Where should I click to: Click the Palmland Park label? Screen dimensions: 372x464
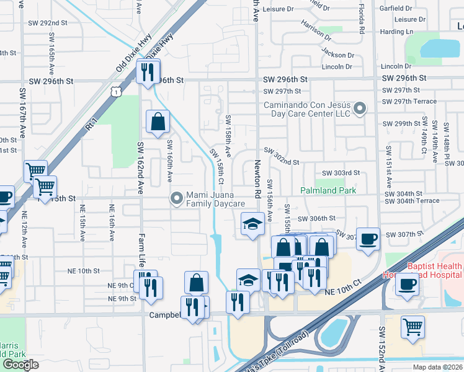(x=329, y=190)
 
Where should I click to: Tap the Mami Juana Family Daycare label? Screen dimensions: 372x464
(x=214, y=198)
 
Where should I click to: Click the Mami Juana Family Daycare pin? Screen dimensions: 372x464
(x=177, y=198)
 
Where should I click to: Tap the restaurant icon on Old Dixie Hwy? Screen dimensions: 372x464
(x=148, y=72)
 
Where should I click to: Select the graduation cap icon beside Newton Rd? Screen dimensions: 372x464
(x=252, y=224)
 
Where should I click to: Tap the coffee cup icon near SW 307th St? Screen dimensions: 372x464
(x=368, y=239)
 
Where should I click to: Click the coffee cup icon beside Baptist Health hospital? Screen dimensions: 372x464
(x=407, y=285)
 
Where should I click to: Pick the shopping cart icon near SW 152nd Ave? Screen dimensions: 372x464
(x=413, y=326)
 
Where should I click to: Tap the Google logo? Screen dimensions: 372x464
(x=20, y=365)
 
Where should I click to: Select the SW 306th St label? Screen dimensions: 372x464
(x=316, y=218)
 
